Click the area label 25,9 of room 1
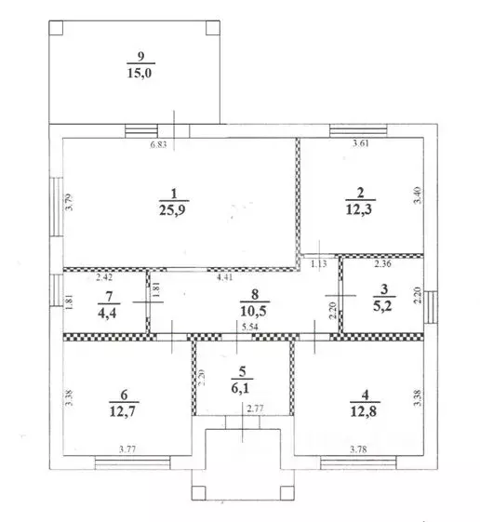(x=172, y=209)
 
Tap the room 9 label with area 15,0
(x=140, y=73)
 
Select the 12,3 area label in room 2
(x=359, y=209)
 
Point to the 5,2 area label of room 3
(x=383, y=305)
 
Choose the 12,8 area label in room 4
(x=364, y=411)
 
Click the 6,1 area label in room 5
(x=240, y=387)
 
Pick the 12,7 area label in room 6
(x=123, y=411)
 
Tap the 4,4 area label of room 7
(x=107, y=313)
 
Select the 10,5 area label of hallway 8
(x=253, y=311)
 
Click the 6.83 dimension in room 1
(x=158, y=145)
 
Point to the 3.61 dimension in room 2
(x=361, y=143)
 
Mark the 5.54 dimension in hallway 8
(x=250, y=327)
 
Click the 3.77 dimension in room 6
(x=127, y=449)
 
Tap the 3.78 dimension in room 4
(x=358, y=449)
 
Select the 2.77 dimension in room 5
(x=255, y=408)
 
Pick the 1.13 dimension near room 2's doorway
(x=319, y=264)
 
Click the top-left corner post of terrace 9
(x=56, y=28)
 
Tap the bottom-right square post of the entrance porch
(x=287, y=493)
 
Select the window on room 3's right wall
(x=431, y=307)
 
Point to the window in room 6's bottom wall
(x=132, y=462)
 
